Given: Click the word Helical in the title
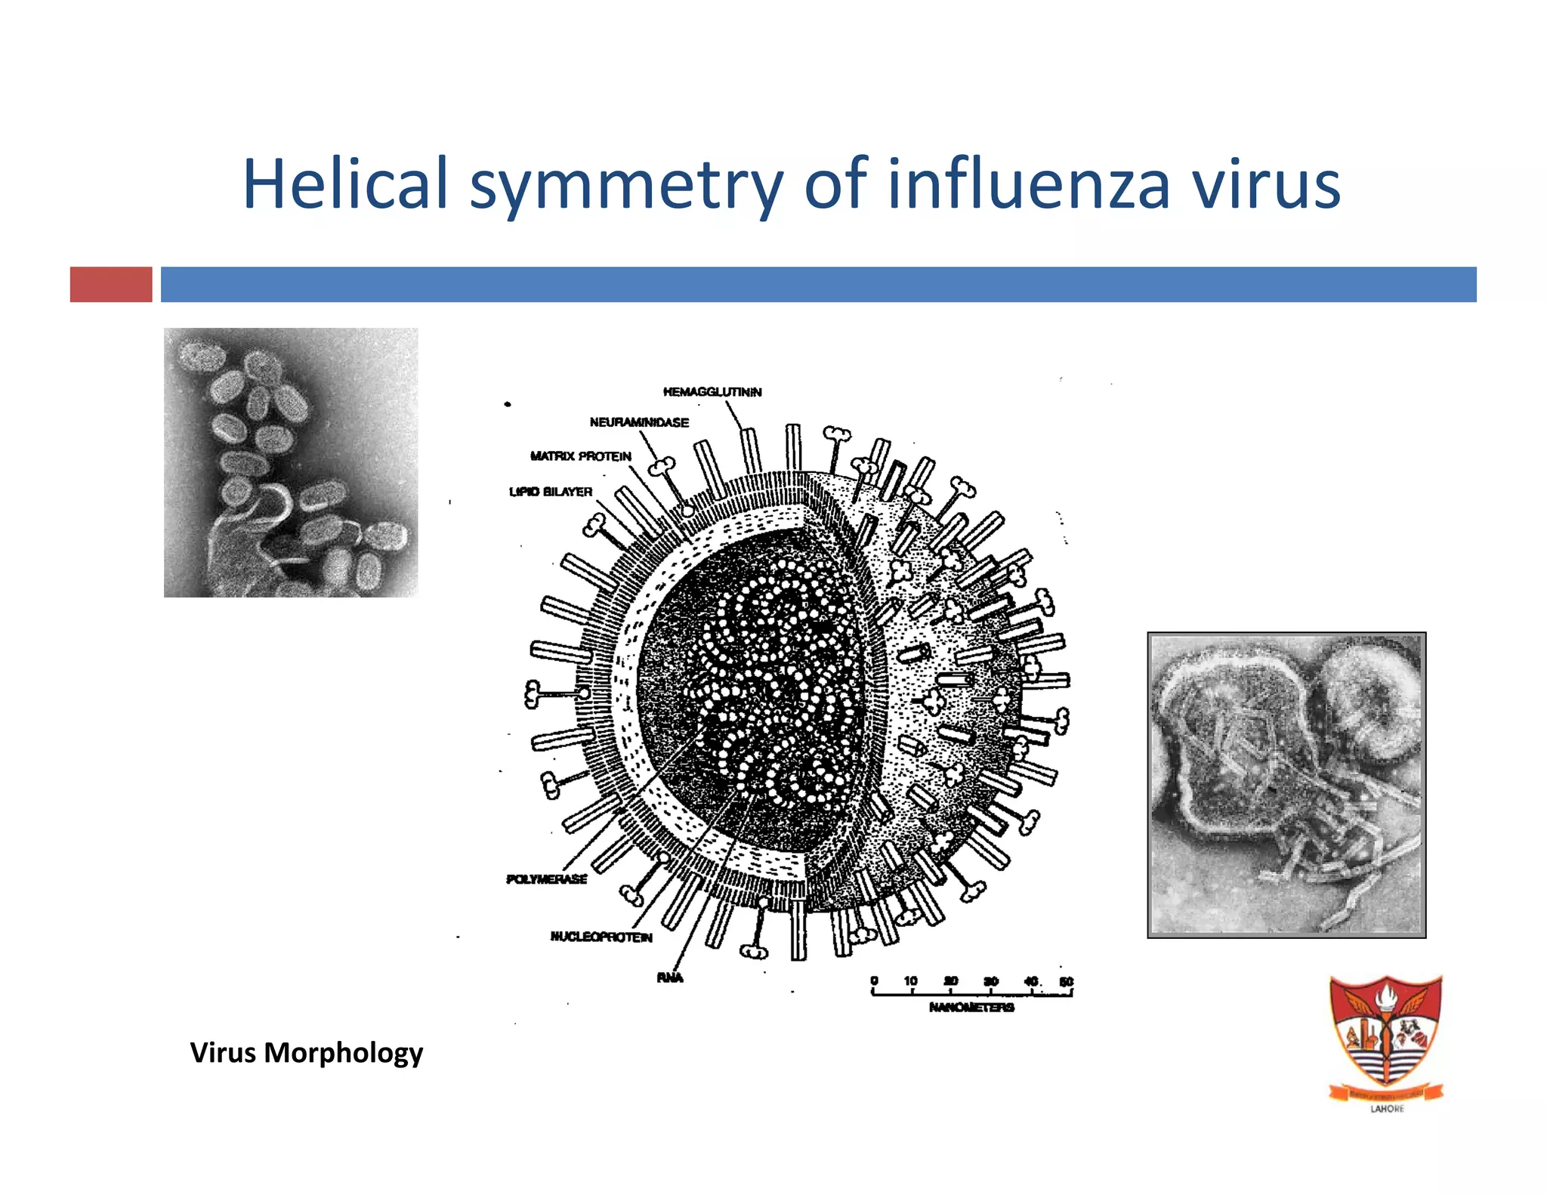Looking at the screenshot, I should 345,184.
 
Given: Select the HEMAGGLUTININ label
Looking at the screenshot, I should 712,391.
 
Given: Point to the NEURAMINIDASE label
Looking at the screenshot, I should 639,422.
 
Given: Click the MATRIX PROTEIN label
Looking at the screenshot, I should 580,456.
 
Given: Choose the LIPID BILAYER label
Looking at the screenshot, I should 551,492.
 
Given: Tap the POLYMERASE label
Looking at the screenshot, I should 546,879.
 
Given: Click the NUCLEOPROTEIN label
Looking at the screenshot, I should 601,937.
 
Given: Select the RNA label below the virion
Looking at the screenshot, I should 669,977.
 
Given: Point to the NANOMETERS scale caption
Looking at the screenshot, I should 971,1007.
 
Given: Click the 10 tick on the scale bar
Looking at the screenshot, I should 911,981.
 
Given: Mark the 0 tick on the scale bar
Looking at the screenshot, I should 874,981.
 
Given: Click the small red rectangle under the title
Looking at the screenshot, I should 111,285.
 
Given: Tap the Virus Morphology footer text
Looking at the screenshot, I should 306,1052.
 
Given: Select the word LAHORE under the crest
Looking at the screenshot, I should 1387,1109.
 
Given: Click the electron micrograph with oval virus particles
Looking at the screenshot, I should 291,462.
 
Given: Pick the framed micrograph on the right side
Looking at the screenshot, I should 1286,785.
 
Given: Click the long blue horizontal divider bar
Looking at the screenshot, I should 818,285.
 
